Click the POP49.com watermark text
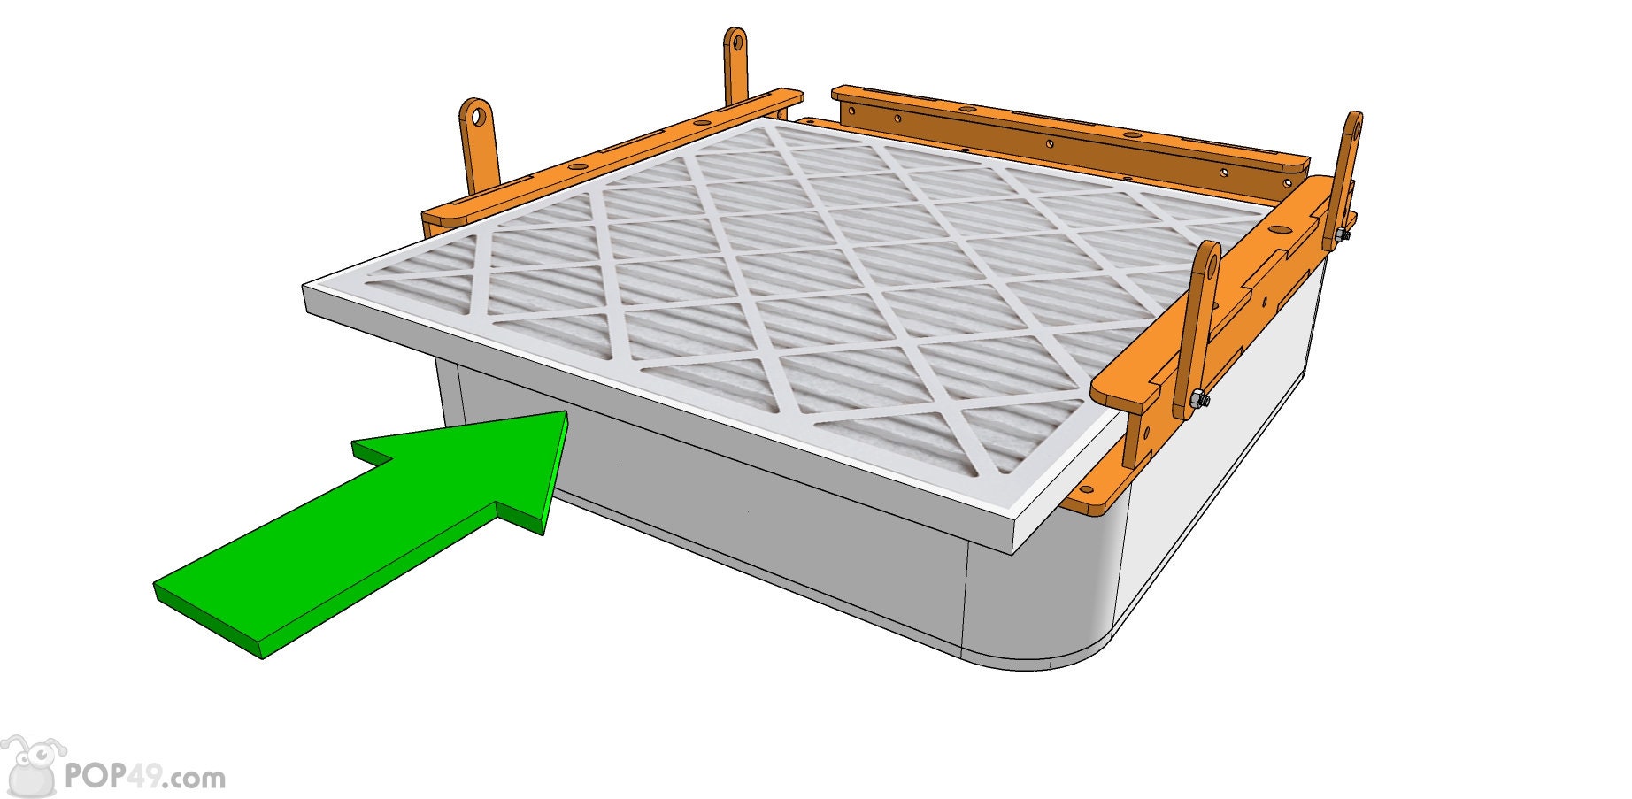[x=145, y=778]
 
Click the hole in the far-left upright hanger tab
[x=478, y=115]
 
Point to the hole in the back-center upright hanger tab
[x=735, y=41]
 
